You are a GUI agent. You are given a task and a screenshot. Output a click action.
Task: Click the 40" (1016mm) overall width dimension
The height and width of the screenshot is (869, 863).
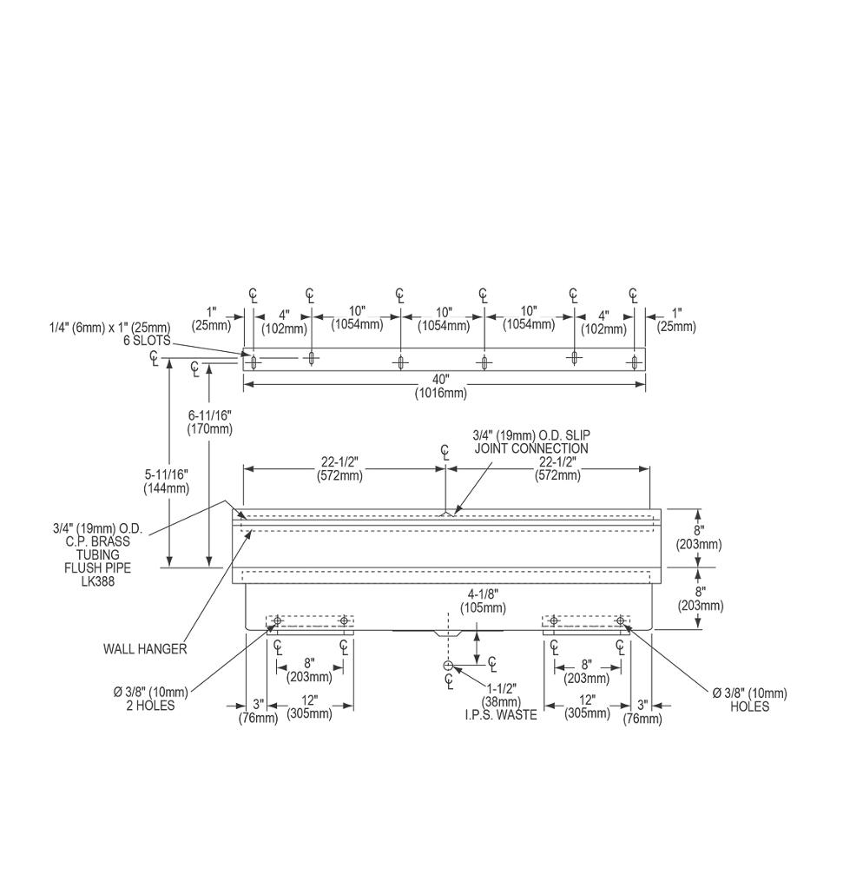tap(443, 386)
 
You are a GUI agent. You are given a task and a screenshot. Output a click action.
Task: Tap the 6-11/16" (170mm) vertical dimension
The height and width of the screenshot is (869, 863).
tap(209, 422)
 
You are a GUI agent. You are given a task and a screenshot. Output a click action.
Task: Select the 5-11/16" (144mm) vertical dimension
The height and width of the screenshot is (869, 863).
tap(166, 481)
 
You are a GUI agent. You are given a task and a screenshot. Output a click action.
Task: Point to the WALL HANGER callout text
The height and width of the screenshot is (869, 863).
tap(144, 648)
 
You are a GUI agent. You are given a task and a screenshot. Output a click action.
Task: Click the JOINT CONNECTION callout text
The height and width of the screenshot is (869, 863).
tap(530, 448)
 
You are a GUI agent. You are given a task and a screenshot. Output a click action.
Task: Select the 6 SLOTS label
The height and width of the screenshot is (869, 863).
tap(147, 340)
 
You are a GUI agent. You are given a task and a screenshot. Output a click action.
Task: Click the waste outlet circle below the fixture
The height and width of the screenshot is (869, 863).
tap(447, 666)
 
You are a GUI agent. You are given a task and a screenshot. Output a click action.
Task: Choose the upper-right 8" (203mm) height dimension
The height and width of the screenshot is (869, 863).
tap(699, 537)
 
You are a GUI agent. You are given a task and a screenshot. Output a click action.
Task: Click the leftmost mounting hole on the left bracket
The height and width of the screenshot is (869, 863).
tap(278, 620)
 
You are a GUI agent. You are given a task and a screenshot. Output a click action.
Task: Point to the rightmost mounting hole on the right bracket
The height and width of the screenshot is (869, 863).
tap(620, 620)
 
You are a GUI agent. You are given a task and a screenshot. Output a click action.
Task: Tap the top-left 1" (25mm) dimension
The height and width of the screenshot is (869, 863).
tap(212, 319)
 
